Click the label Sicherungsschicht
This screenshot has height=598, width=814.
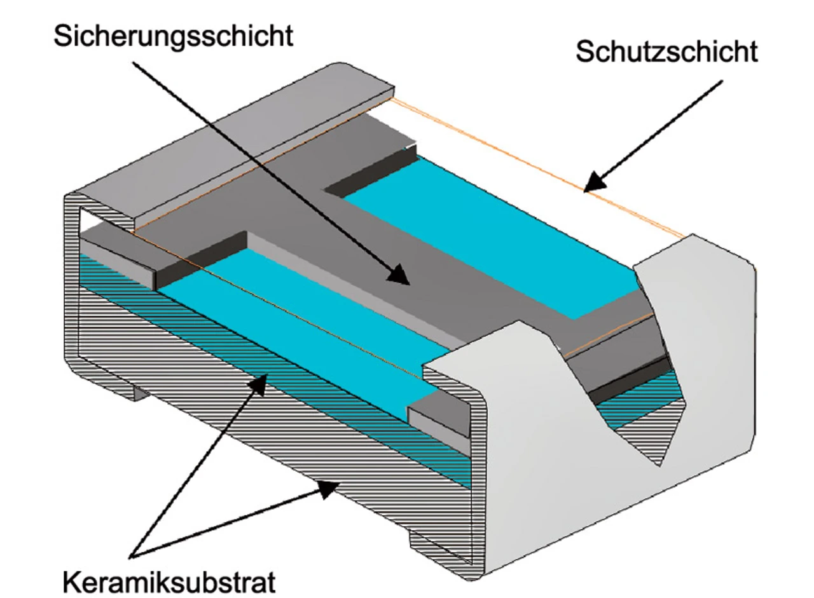pyautogui.click(x=173, y=36)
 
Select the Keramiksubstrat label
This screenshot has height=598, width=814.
pyautogui.click(x=169, y=580)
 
